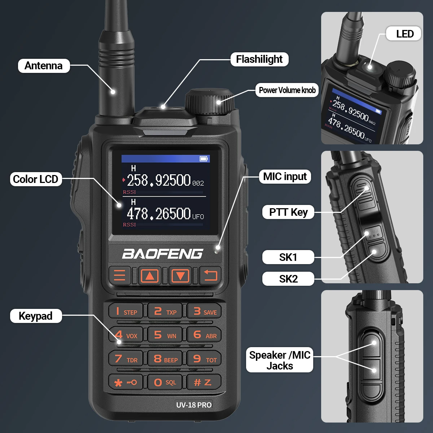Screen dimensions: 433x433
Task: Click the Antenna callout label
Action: (x=44, y=66)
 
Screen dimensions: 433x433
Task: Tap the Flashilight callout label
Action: (x=259, y=59)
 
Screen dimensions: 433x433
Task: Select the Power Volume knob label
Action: (x=287, y=90)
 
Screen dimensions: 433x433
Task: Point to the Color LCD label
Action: (x=35, y=179)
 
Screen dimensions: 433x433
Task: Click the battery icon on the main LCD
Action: (x=204, y=159)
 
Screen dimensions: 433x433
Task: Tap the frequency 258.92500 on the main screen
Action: (x=159, y=180)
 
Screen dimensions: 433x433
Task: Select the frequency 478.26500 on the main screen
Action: (x=159, y=214)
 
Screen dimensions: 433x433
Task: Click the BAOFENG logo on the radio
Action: (x=162, y=254)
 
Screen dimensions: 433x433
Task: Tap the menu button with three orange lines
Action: (x=119, y=275)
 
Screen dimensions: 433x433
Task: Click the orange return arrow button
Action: (x=210, y=275)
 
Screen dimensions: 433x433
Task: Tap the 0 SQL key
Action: (x=165, y=382)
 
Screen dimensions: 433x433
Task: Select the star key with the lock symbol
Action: (x=125, y=382)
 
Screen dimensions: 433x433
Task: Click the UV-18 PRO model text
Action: (x=194, y=405)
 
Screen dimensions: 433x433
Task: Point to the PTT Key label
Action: (x=288, y=212)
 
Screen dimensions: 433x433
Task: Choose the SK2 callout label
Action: (x=288, y=279)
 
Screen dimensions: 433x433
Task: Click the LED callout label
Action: (x=404, y=34)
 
